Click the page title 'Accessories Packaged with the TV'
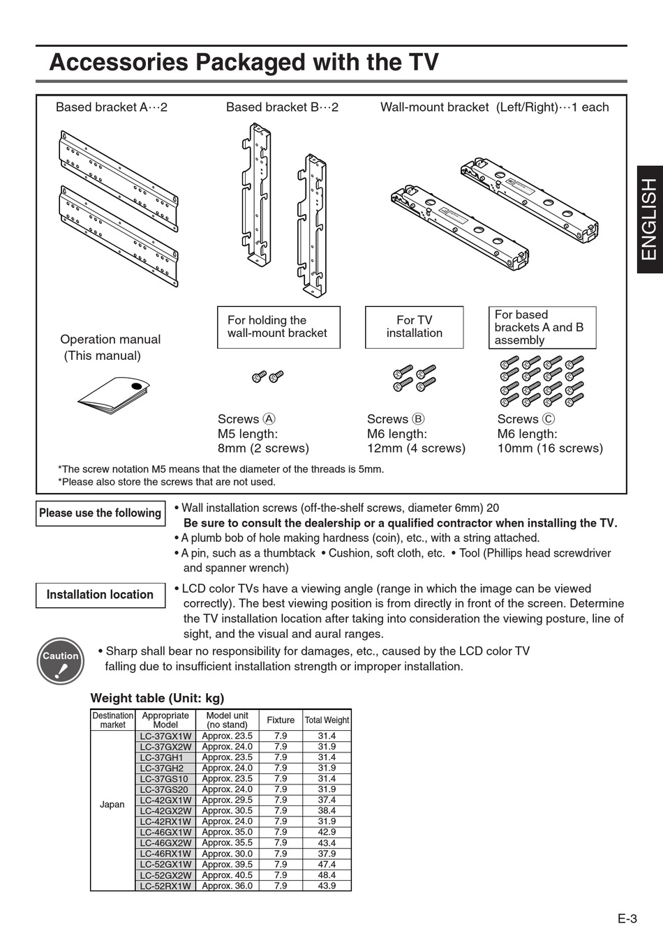[244, 63]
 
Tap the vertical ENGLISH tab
[649, 219]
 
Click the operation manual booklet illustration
[113, 395]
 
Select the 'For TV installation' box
[414, 327]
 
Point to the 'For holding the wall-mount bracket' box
[278, 327]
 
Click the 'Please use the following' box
[100, 513]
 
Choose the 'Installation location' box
[100, 595]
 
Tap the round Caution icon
[60, 661]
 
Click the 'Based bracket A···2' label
[112, 107]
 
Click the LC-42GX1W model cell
[165, 800]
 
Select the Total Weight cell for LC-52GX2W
[327, 875]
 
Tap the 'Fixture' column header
[281, 720]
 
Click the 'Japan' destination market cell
[112, 805]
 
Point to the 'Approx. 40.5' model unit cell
[228, 875]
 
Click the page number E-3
[627, 918]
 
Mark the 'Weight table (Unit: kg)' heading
[158, 698]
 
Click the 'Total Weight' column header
[327, 720]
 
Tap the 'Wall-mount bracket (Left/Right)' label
[494, 107]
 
